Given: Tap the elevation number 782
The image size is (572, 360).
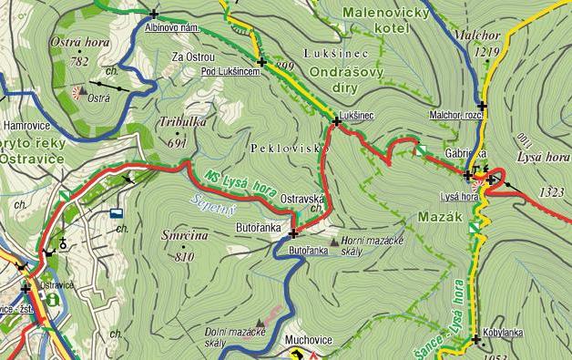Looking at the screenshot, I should pos(79,61).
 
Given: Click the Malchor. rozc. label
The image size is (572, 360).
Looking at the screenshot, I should pos(454,115).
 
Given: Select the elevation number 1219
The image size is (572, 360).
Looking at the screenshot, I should pos(488,53).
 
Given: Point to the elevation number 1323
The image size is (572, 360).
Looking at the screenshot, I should pos(551,192).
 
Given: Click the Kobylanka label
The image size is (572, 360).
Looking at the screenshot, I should pos(504,334).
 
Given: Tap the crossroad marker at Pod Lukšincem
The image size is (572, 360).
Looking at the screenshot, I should pos(262,62).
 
